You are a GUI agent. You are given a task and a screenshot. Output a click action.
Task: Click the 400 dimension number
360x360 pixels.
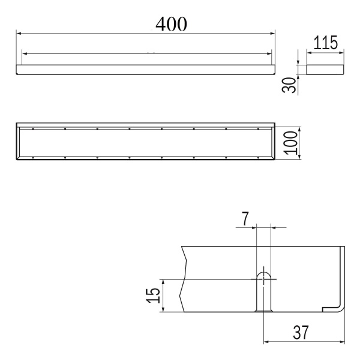tap(171, 23)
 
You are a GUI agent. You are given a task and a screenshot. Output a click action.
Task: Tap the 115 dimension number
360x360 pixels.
tap(325, 43)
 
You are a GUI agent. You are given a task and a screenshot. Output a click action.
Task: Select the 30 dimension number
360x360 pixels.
tap(289, 85)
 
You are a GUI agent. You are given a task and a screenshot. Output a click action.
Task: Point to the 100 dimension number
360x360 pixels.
tap(290, 143)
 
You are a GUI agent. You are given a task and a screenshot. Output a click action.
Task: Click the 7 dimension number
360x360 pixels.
tap(245, 219)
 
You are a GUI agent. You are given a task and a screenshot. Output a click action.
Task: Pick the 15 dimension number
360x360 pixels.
tap(152, 295)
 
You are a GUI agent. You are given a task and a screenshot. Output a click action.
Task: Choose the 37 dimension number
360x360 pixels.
tap(301, 332)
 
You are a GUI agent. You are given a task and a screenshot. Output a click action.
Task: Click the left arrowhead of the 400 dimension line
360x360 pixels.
tap(19, 34)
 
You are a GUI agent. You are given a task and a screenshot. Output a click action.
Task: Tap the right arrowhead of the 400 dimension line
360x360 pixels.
tap(272, 34)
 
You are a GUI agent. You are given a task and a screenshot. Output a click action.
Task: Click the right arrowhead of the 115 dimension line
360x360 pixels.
tap(341, 53)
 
